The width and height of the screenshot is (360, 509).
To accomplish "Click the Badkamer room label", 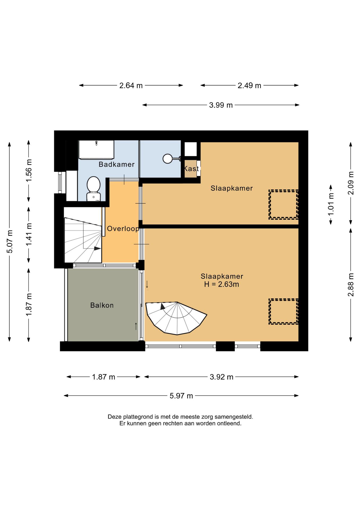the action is (x=116, y=164).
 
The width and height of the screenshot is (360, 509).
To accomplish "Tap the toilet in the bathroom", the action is (x=93, y=189).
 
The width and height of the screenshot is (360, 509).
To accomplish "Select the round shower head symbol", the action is (x=168, y=159).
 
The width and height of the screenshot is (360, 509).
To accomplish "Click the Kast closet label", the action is (x=191, y=169).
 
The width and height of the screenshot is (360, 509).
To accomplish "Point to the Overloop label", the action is (x=123, y=229).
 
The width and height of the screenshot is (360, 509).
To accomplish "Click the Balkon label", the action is (x=102, y=305).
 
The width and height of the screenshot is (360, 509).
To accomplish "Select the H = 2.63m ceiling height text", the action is (x=222, y=284).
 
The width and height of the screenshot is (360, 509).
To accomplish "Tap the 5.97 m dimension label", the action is (x=181, y=396).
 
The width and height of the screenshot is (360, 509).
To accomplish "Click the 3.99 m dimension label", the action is (x=221, y=105).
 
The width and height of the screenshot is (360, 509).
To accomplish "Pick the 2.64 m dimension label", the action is (x=131, y=86).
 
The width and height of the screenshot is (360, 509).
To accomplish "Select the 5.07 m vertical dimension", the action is (x=10, y=242).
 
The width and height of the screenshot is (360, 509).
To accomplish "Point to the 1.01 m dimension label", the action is (x=331, y=204).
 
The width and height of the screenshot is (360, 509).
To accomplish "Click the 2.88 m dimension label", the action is (x=351, y=285).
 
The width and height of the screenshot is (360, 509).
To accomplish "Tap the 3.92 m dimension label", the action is (x=222, y=377).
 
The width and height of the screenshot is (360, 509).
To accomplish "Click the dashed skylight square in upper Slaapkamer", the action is (x=283, y=204).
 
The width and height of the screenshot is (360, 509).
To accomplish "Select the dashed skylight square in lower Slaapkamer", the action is (x=283, y=311).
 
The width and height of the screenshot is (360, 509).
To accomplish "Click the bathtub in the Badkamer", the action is (x=96, y=150).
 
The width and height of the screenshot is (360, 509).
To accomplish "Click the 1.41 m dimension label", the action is (x=29, y=234).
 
